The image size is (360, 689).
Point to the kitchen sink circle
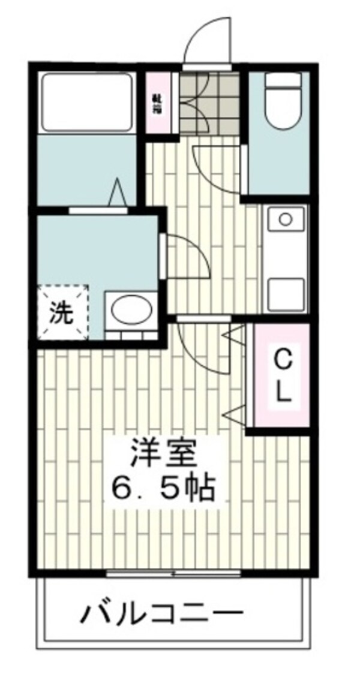coord(284,219)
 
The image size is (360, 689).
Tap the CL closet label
coord(283,376)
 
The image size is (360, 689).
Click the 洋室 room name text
coord(164,455)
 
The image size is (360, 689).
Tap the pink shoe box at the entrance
coord(160,101)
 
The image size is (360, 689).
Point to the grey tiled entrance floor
coord(210,102)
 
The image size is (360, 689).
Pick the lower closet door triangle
coord(235,412)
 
